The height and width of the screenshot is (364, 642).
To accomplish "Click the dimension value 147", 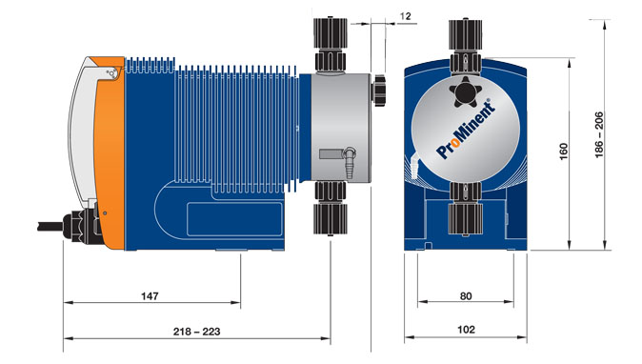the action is [150, 295].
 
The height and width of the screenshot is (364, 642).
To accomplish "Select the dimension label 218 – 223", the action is [196, 332].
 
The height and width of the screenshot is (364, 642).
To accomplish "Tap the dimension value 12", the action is [405, 16].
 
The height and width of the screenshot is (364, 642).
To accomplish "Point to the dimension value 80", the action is [466, 295].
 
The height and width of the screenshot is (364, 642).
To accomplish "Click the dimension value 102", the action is [466, 330].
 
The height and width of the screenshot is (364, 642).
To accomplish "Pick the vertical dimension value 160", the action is [564, 152].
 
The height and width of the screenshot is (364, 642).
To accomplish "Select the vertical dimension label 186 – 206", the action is [598, 134].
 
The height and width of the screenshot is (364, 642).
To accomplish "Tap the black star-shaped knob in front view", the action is [466, 91].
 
